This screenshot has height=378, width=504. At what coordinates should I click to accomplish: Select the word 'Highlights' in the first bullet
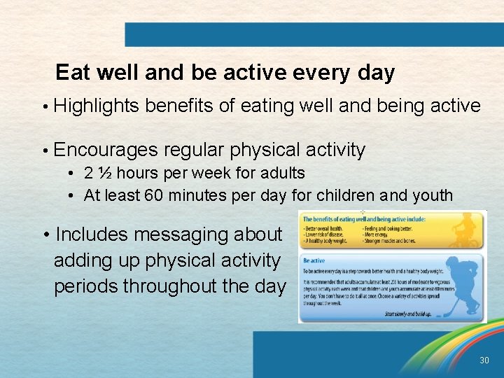pos(97,106)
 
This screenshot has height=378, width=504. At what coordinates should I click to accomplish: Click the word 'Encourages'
pos(105,150)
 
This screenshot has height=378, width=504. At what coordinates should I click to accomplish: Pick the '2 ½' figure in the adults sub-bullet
pos(99,172)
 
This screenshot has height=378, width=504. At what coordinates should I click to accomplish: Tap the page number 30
pos(484,360)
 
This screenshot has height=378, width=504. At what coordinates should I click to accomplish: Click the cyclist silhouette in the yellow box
pos(465,232)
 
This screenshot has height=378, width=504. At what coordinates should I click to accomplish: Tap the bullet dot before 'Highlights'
pos(44,107)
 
